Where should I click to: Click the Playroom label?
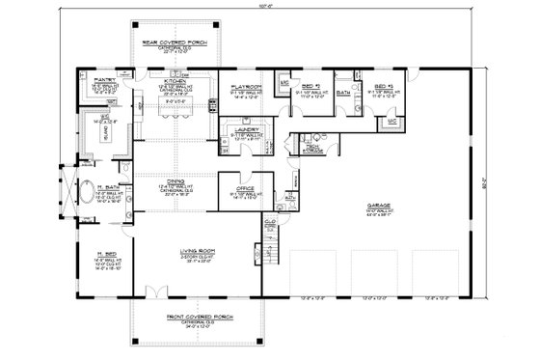pos(243,86)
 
